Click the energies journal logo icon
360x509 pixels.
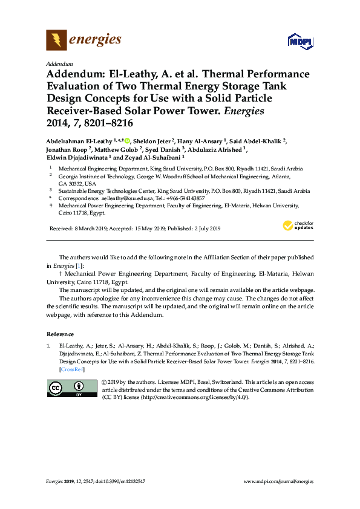click(57, 41)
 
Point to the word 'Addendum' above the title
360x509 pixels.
click(59, 64)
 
